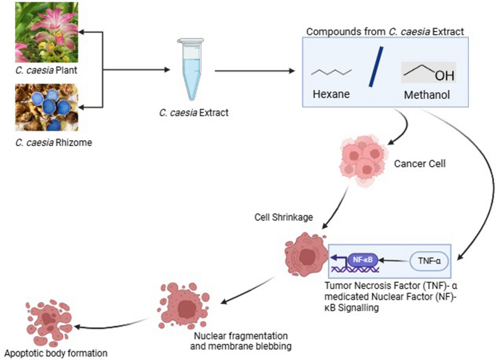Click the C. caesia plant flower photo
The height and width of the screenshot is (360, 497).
tap(44, 33)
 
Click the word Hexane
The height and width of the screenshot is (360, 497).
tap(332, 94)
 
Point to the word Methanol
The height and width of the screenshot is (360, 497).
tap(428, 94)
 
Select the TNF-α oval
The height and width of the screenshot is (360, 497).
tap(430, 258)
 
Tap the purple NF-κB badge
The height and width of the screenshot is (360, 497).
tap(361, 258)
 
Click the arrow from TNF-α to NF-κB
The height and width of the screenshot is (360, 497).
tap(394, 258)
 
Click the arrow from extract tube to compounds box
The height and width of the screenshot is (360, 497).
tap(254, 70)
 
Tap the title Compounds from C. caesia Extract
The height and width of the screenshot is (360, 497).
tap(385, 32)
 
